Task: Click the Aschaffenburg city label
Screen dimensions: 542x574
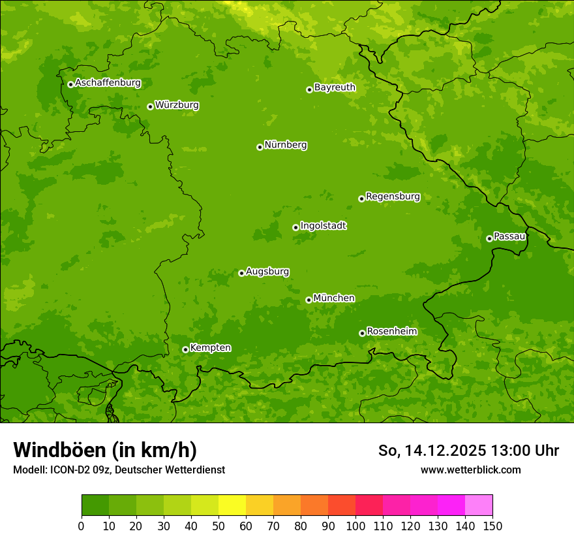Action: [x=108, y=83]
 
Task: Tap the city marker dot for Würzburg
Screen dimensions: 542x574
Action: [x=150, y=106]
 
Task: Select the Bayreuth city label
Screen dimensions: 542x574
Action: [x=335, y=88]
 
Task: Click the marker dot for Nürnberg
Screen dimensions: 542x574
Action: [x=260, y=147]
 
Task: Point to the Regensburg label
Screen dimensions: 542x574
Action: [x=393, y=197]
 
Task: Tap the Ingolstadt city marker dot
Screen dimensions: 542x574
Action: [x=295, y=227]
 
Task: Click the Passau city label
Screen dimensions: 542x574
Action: [x=509, y=236]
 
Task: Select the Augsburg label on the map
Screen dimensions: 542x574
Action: [x=267, y=272]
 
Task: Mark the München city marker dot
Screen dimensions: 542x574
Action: [x=309, y=300]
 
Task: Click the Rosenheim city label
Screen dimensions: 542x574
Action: [x=391, y=332]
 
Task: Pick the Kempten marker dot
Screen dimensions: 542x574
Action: [x=185, y=349]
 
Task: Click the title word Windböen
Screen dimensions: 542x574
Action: [x=59, y=450]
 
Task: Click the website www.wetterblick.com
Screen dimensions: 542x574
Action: [x=470, y=470]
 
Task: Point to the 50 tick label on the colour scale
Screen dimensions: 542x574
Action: [x=219, y=526]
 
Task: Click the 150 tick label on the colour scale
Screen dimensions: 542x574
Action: [x=492, y=526]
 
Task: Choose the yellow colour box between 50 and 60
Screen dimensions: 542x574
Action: [x=232, y=505]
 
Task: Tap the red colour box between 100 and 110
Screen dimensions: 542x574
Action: [x=369, y=505]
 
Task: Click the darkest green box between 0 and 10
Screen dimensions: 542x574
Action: [x=95, y=505]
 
